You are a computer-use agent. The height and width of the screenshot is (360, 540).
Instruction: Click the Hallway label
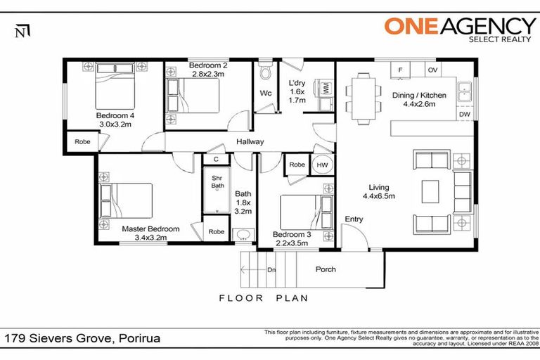(250, 142)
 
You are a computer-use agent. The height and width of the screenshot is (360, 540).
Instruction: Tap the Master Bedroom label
(150, 229)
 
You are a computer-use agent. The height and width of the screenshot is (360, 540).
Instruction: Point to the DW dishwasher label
(464, 114)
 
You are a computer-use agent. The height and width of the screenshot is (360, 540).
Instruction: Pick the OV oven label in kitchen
(433, 70)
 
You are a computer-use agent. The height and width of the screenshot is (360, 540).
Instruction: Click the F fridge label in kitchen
(400, 70)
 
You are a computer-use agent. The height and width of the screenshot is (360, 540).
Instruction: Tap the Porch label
(326, 269)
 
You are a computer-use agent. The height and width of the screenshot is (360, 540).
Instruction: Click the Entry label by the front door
(354, 220)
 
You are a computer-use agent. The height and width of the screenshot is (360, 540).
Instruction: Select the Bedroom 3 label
(292, 234)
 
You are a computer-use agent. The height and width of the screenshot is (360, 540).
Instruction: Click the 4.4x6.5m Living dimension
(379, 196)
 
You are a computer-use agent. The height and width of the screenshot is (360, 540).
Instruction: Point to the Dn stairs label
(271, 270)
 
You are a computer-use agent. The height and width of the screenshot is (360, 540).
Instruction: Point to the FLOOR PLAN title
(264, 298)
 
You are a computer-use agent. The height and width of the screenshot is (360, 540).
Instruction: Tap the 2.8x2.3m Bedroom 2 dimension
(208, 73)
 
